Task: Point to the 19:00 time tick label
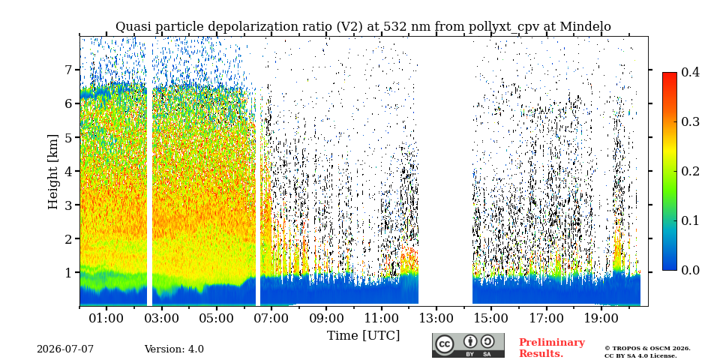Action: [601, 318]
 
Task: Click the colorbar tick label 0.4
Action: [690, 72]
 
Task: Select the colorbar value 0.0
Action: [690, 270]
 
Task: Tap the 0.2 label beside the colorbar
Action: [690, 171]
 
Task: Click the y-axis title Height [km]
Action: [53, 172]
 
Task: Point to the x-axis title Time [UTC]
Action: [363, 336]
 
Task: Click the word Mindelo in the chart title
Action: [586, 27]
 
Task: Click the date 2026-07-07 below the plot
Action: [65, 349]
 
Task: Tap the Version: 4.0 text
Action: [174, 349]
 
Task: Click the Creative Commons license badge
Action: [468, 345]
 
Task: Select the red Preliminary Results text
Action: [552, 348]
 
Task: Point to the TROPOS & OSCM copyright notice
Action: [647, 352]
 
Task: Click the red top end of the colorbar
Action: [670, 73]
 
